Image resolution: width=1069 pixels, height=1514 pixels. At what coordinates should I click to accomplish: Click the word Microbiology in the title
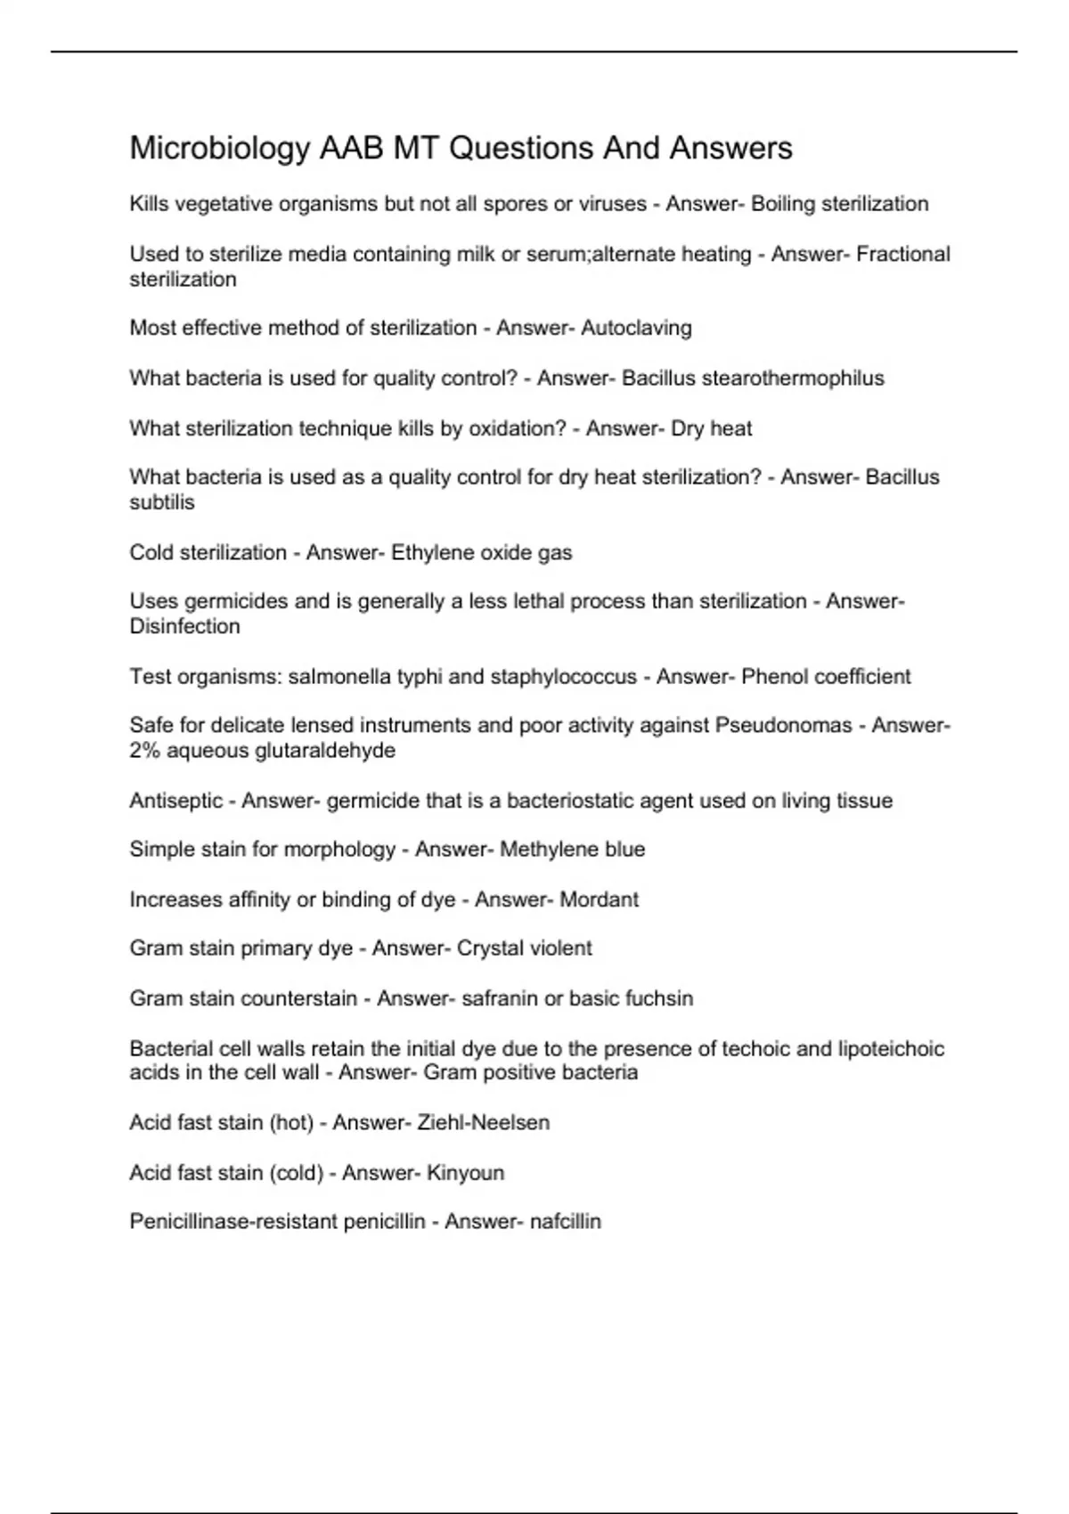(x=219, y=149)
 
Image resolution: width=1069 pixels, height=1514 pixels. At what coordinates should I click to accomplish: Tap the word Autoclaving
(x=636, y=329)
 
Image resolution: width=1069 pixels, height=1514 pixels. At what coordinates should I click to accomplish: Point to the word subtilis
(x=161, y=502)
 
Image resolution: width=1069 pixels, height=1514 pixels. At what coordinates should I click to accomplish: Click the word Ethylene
(x=432, y=553)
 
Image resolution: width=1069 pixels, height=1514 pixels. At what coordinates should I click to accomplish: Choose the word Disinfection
(x=184, y=627)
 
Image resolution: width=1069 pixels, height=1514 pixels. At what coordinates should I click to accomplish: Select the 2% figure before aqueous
(x=144, y=751)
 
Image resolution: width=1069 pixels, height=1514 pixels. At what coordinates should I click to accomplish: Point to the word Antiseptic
(x=175, y=801)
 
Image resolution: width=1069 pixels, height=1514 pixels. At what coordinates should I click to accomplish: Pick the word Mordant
(x=599, y=899)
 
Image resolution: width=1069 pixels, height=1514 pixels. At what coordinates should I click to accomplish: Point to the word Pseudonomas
(x=783, y=726)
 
